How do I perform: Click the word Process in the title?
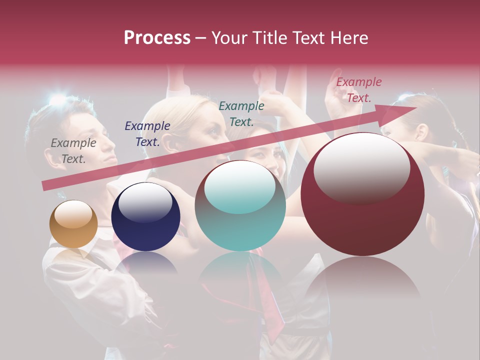(x=157, y=38)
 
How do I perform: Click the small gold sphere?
(x=73, y=224)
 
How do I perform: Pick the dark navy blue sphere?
(x=145, y=217)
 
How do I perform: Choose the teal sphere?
(x=240, y=206)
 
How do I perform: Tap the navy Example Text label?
(x=147, y=134)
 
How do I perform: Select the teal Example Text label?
(x=241, y=113)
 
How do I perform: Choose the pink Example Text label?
(x=358, y=90)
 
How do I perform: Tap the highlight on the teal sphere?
(x=240, y=186)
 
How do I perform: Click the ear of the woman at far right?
(x=422, y=132)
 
